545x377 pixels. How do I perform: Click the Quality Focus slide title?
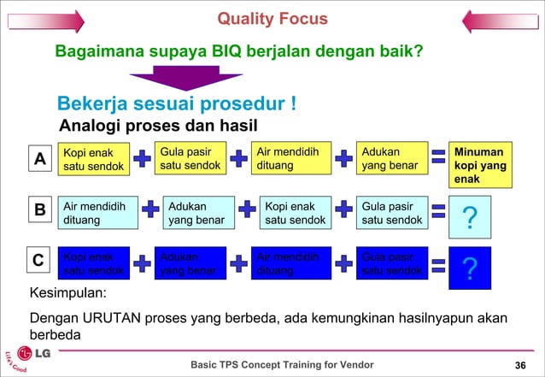[x=272, y=19]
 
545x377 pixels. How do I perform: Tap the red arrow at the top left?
[x=43, y=21]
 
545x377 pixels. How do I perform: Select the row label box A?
[x=38, y=160]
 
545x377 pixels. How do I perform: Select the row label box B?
[x=39, y=210]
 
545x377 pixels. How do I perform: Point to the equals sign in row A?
[x=439, y=156]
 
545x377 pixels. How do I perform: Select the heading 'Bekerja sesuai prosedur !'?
[x=177, y=104]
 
